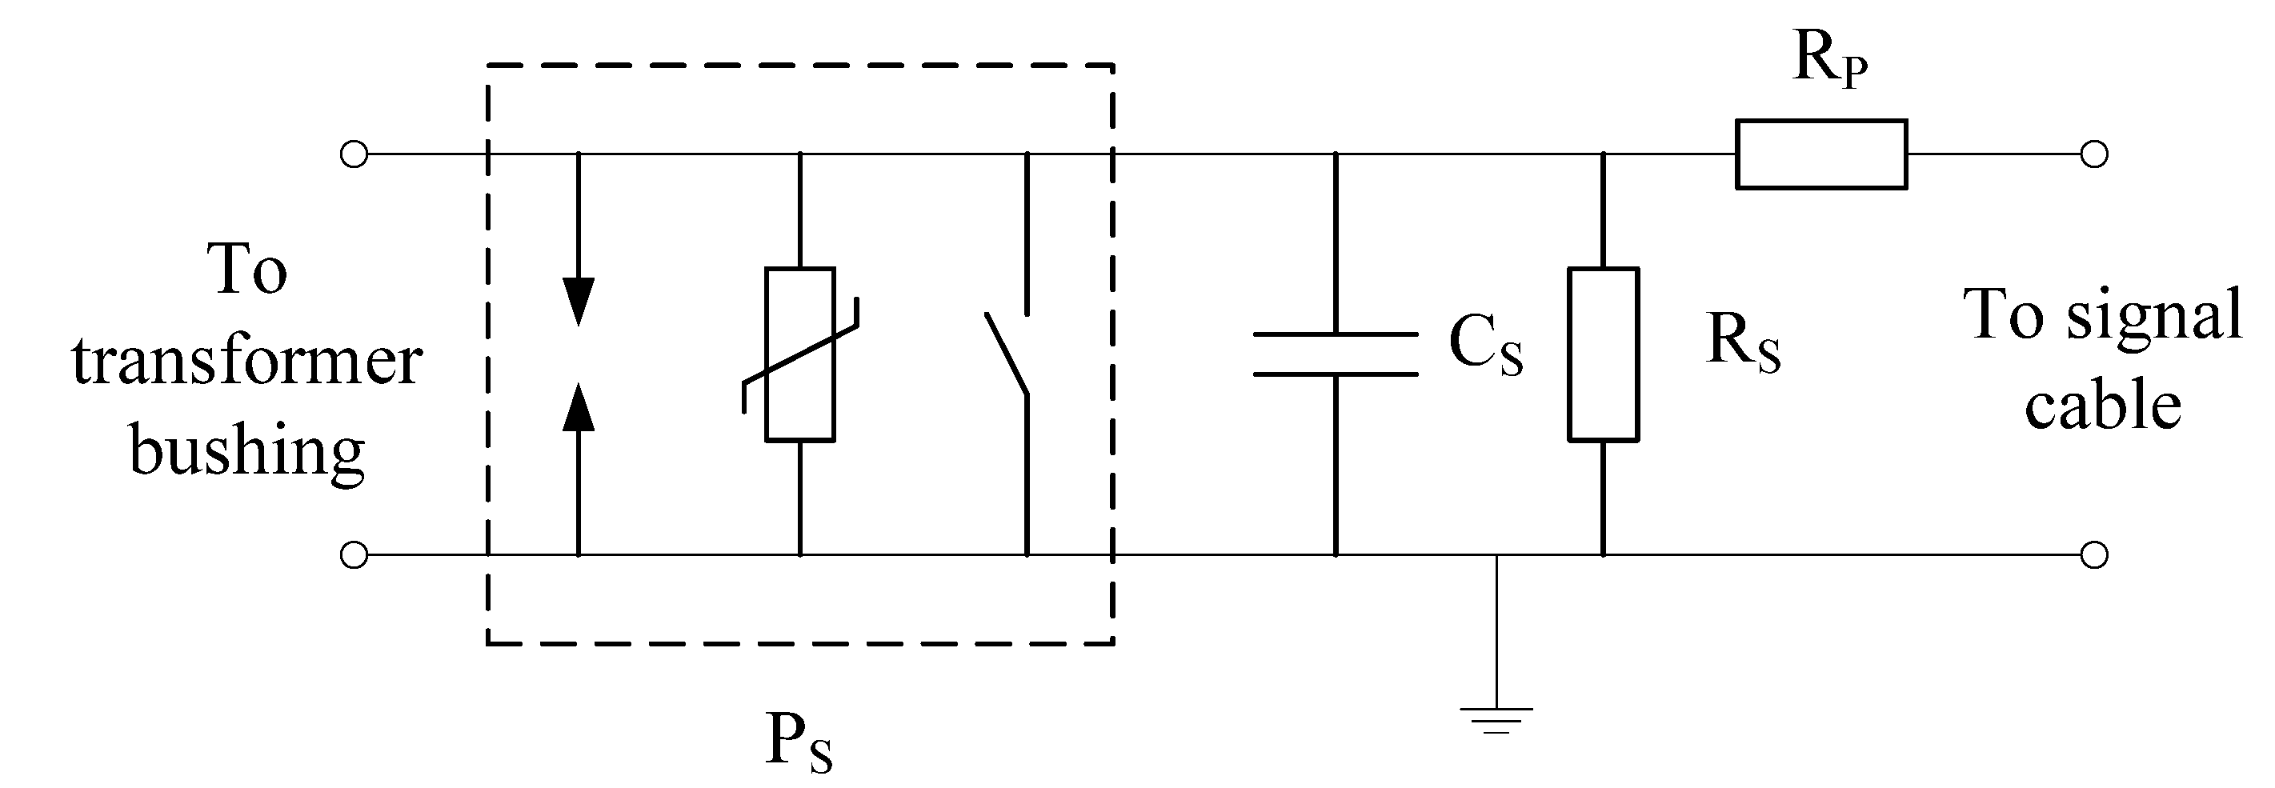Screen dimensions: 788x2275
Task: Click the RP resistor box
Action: click(x=1820, y=154)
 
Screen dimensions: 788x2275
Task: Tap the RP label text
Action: click(x=1829, y=59)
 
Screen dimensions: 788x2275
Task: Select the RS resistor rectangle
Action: click(x=1603, y=354)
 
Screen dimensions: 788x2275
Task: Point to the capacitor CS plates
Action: click(x=1336, y=354)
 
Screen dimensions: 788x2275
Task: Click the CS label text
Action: click(x=1486, y=347)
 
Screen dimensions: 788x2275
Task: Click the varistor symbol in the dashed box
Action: click(x=800, y=354)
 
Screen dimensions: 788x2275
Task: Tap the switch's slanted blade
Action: click(x=1007, y=354)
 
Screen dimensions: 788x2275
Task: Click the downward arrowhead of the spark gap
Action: click(x=579, y=300)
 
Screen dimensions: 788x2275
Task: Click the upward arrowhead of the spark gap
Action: click(x=579, y=408)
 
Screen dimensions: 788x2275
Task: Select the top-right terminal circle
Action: click(x=2094, y=154)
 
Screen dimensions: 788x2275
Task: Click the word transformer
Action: click(x=246, y=362)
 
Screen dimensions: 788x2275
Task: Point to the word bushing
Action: click(x=247, y=452)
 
